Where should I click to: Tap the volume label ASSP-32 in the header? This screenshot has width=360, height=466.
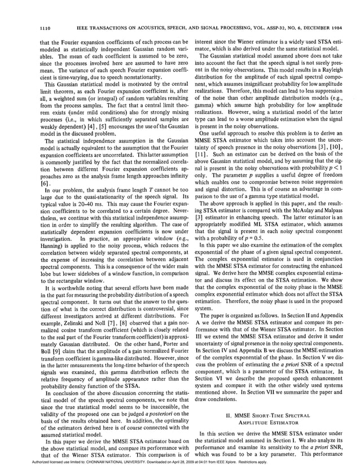coord(250,28)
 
